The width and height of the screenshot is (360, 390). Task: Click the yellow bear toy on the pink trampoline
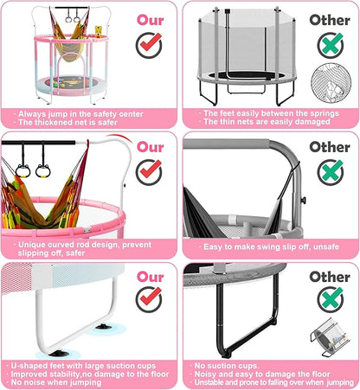coord(99,32)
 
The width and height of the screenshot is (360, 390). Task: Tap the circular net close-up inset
coord(331,83)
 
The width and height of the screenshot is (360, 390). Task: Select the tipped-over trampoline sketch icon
coord(330,337)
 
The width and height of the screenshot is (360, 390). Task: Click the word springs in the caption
coord(325,113)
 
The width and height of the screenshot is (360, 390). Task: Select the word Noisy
coord(205,374)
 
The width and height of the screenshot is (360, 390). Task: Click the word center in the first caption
coord(132,114)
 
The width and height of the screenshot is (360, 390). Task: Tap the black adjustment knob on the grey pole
coord(303,200)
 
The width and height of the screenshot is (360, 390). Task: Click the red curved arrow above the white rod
coord(119,137)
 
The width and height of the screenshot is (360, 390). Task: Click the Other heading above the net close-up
coord(330,20)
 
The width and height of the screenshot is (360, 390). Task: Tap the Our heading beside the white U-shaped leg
coord(151,277)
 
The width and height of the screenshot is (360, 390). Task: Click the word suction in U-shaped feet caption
coord(120,366)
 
